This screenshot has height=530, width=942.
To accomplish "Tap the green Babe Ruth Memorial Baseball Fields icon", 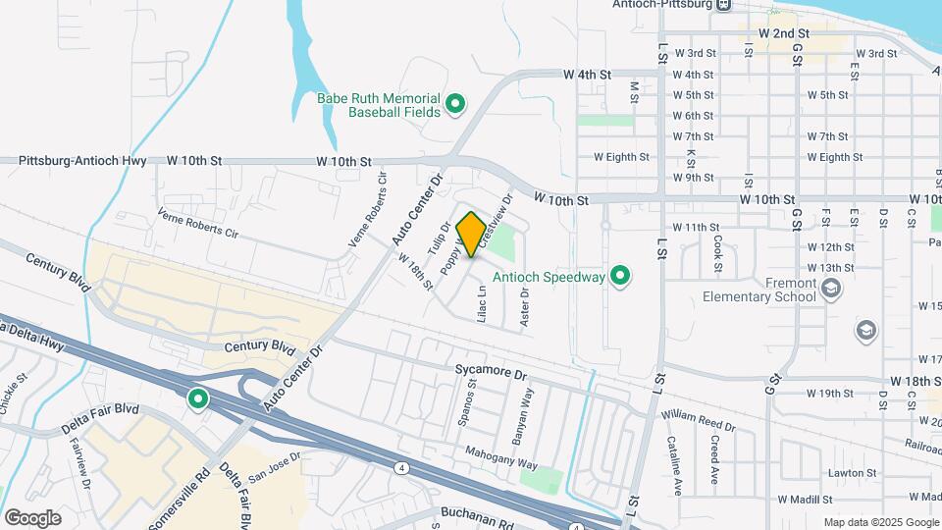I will point(455,103).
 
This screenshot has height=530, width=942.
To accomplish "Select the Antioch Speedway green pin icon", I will point(620,277).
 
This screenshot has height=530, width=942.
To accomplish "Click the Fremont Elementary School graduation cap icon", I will point(831,288).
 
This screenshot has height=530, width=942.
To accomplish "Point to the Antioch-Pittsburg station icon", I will point(723,5).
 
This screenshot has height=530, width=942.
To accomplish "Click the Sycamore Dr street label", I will point(492,374).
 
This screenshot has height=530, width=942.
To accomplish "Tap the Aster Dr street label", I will point(525,305).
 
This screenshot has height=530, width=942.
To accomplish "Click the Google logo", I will point(32,517).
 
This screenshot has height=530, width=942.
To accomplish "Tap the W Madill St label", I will point(812,500).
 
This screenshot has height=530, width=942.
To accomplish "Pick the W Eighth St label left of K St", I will point(621,157).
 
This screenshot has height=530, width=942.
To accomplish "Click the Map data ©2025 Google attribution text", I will point(881,522).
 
